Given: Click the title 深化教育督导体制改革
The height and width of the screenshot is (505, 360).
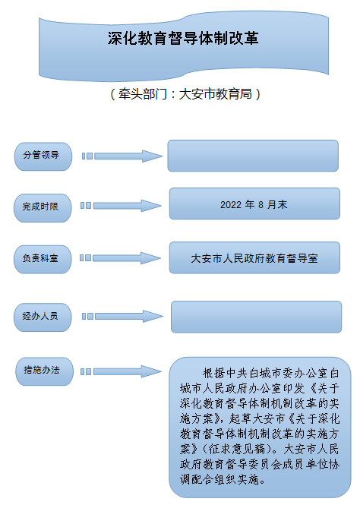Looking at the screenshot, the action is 183,38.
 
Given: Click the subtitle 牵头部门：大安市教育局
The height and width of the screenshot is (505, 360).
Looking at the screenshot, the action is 185,94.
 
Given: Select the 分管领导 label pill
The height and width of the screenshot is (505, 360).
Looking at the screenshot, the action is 43,156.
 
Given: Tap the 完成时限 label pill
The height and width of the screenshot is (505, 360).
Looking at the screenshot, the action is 43,208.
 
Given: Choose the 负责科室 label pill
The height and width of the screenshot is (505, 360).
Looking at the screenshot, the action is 43,259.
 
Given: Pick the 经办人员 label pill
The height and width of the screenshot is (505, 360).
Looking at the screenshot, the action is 43,317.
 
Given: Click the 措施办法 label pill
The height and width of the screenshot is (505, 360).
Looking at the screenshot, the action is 45,371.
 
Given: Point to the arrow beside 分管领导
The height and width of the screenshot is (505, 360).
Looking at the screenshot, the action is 122,156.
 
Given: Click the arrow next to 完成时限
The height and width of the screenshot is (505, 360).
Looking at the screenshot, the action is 121,206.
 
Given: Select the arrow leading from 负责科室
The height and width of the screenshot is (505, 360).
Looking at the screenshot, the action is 121,258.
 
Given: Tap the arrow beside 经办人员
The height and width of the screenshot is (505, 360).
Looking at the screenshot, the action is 122,316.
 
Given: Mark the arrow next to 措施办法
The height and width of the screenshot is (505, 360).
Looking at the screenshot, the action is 121,371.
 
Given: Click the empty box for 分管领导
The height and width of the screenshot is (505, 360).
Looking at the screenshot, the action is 253,156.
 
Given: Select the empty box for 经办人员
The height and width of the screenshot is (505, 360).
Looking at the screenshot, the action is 256,317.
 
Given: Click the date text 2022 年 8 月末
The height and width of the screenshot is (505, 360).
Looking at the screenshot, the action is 254,204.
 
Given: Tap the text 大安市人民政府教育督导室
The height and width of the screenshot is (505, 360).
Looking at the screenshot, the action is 254,258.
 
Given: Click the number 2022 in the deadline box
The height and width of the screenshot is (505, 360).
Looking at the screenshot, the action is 231,205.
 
